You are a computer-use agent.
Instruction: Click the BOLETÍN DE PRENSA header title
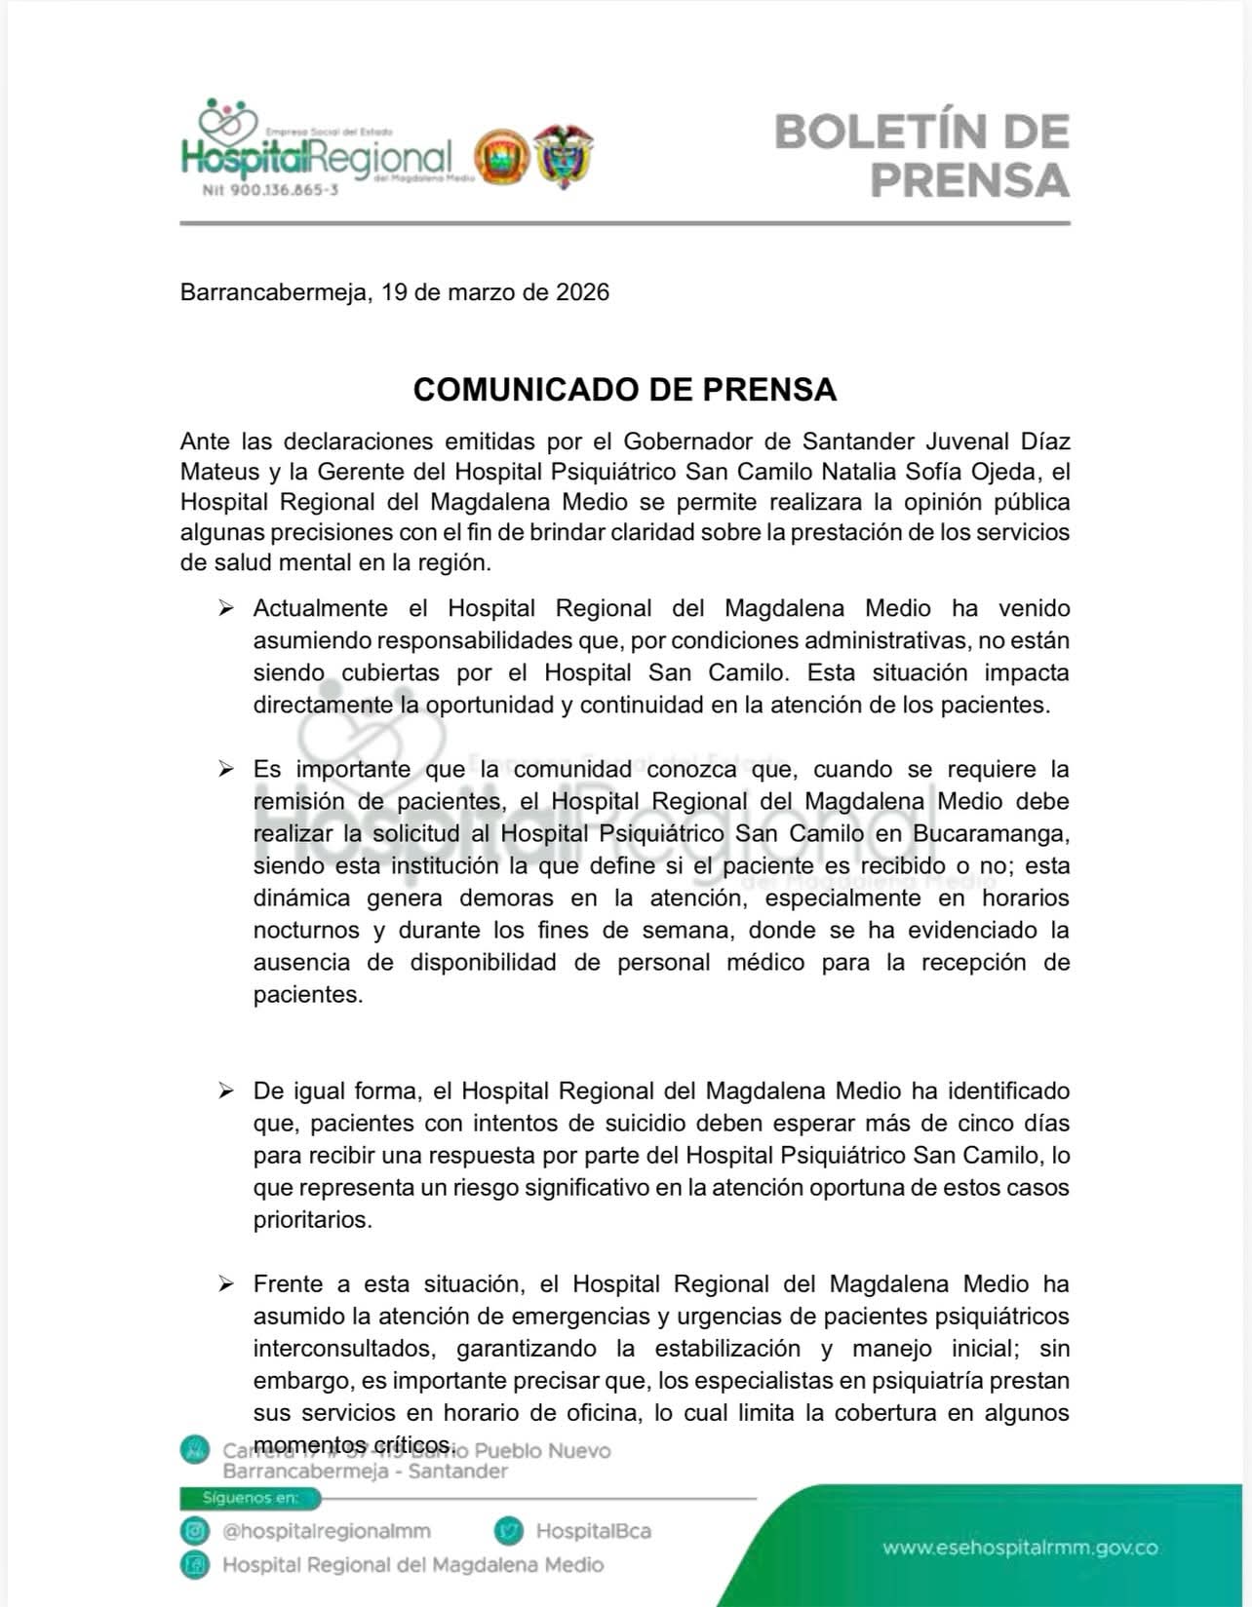point(921,156)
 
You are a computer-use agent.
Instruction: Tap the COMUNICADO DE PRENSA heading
point(625,389)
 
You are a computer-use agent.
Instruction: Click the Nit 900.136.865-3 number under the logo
point(270,190)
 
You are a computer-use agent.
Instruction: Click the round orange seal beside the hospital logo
point(502,157)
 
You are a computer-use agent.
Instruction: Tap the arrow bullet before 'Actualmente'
point(226,609)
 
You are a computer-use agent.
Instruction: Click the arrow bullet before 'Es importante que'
point(226,770)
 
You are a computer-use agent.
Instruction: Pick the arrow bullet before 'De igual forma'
point(226,1090)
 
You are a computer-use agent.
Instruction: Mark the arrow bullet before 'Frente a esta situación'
point(226,1284)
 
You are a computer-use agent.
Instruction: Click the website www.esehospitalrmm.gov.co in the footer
point(1020,1548)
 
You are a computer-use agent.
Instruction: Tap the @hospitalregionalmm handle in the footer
point(327,1531)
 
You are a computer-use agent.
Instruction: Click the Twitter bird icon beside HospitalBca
point(509,1531)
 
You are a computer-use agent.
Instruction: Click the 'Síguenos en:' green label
point(251,1498)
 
